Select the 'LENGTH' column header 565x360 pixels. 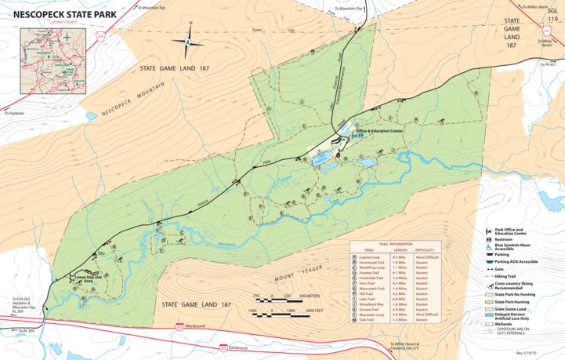tap(399, 250)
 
